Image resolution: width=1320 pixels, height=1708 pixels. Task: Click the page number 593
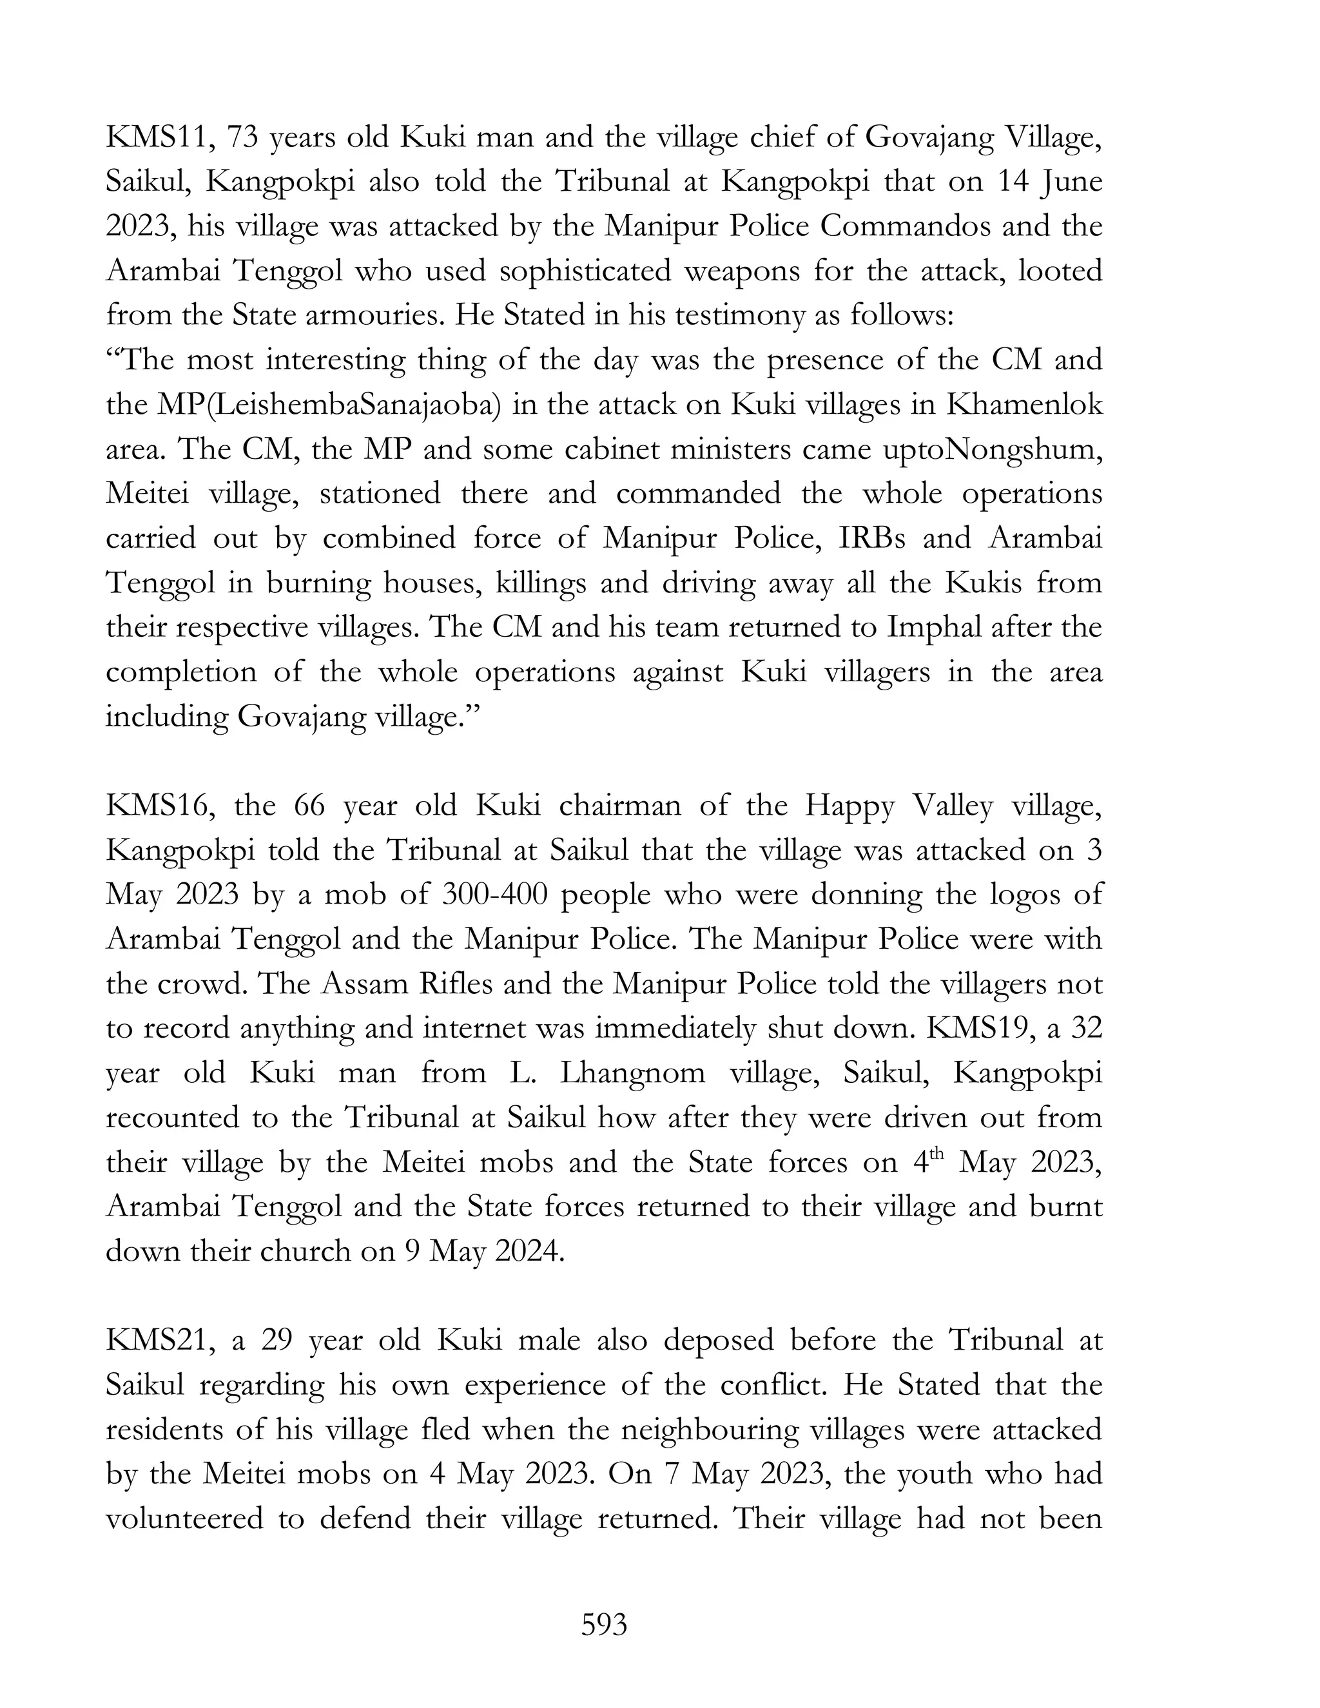(604, 1625)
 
